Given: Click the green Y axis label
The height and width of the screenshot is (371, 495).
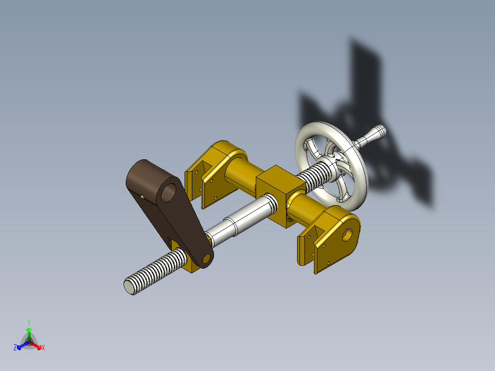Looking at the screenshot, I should tap(29, 322).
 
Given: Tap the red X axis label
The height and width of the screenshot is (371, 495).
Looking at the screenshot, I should tap(43, 348).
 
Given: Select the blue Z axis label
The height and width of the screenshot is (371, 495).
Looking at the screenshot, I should tap(15, 348).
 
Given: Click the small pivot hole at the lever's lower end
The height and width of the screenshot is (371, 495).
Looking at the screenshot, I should tap(206, 259).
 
